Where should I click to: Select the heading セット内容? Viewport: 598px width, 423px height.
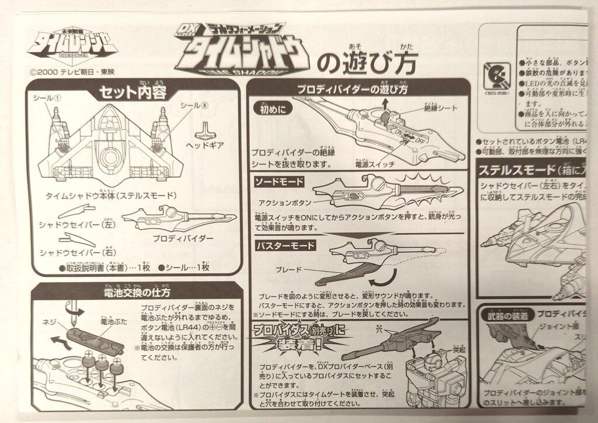[133, 92]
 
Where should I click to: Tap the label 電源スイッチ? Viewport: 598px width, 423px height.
[374, 165]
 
